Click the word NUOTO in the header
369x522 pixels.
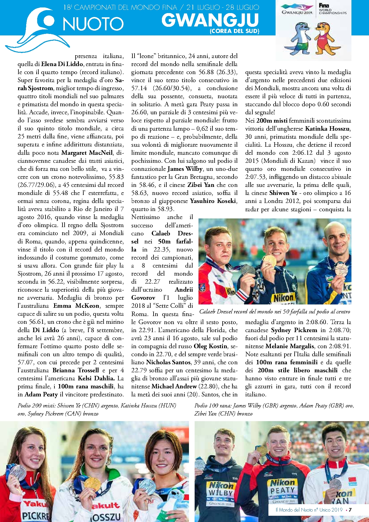click(x=93, y=24)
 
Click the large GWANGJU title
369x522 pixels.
click(x=210, y=20)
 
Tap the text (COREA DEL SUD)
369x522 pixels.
click(x=234, y=31)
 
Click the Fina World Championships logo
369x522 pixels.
click(x=332, y=9)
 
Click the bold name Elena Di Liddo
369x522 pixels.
click(x=62, y=64)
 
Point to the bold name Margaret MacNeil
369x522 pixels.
click(x=87, y=153)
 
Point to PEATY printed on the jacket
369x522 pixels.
click(x=282, y=490)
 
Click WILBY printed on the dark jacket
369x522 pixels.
click(x=221, y=493)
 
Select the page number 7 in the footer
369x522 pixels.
click(x=350, y=510)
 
